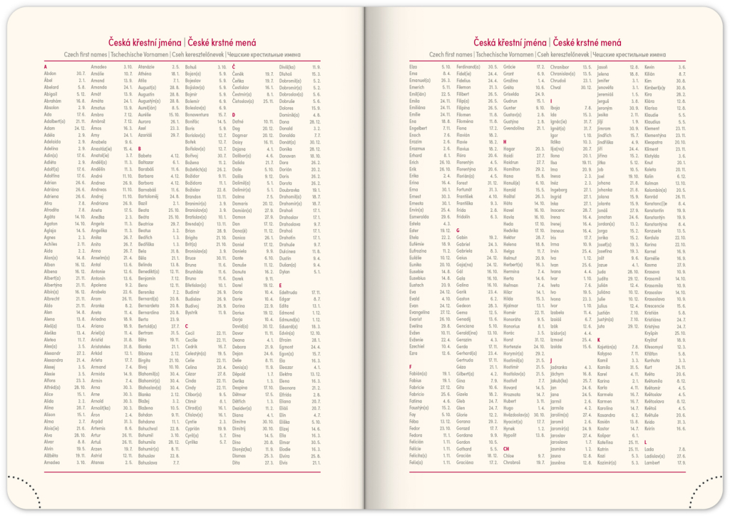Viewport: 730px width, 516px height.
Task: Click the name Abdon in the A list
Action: [50, 74]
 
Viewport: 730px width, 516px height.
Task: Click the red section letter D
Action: [233, 114]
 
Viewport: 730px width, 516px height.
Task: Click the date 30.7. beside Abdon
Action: [81, 74]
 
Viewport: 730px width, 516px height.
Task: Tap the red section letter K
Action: [599, 340]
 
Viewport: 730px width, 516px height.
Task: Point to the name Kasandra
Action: [608, 414]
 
